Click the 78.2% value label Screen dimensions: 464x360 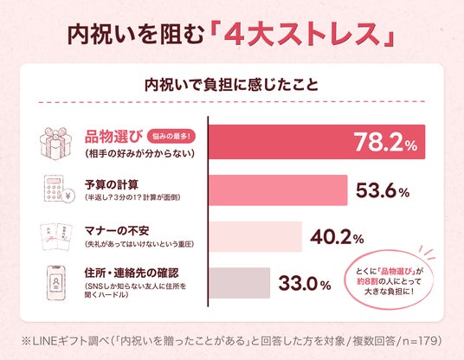[385, 142]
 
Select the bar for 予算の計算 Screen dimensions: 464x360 [278, 190]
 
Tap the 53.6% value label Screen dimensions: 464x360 [383, 190]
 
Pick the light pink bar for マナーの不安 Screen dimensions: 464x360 [255, 236]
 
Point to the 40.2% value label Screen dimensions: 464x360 [337, 236]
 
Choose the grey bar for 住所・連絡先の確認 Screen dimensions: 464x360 [240, 283]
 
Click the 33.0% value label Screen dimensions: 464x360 [305, 283]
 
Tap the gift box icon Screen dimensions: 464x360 [56, 144]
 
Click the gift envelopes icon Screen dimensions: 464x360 [56, 236]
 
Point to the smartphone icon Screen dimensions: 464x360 [56, 283]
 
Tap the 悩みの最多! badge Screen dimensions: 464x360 [171, 137]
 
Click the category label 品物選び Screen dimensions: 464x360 [114, 137]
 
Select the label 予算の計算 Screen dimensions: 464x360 [112, 185]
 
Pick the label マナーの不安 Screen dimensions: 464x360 [117, 231]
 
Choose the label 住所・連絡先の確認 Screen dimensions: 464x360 [132, 273]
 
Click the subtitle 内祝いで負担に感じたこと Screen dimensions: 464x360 [231, 85]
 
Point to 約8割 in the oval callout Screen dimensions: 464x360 [367, 281]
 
